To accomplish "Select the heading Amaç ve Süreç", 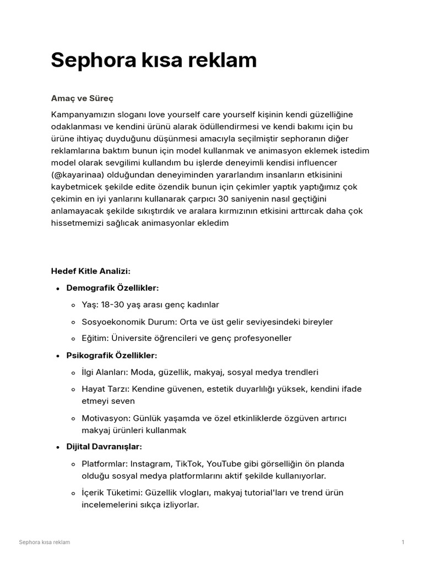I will tap(82, 98).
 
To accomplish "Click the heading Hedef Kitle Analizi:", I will tap(90, 271).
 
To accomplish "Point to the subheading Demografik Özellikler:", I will tap(112, 288).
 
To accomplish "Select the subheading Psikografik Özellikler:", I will tap(112, 356).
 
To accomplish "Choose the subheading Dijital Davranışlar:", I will tap(104, 447).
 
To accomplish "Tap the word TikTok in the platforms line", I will tap(191, 464).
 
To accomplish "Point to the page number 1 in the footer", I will tap(403, 543).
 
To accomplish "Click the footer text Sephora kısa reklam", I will tap(44, 543).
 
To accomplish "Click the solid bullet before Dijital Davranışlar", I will tap(58, 447).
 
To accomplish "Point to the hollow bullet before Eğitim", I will tap(74, 339).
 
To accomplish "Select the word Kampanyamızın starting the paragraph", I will tap(83, 115).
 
